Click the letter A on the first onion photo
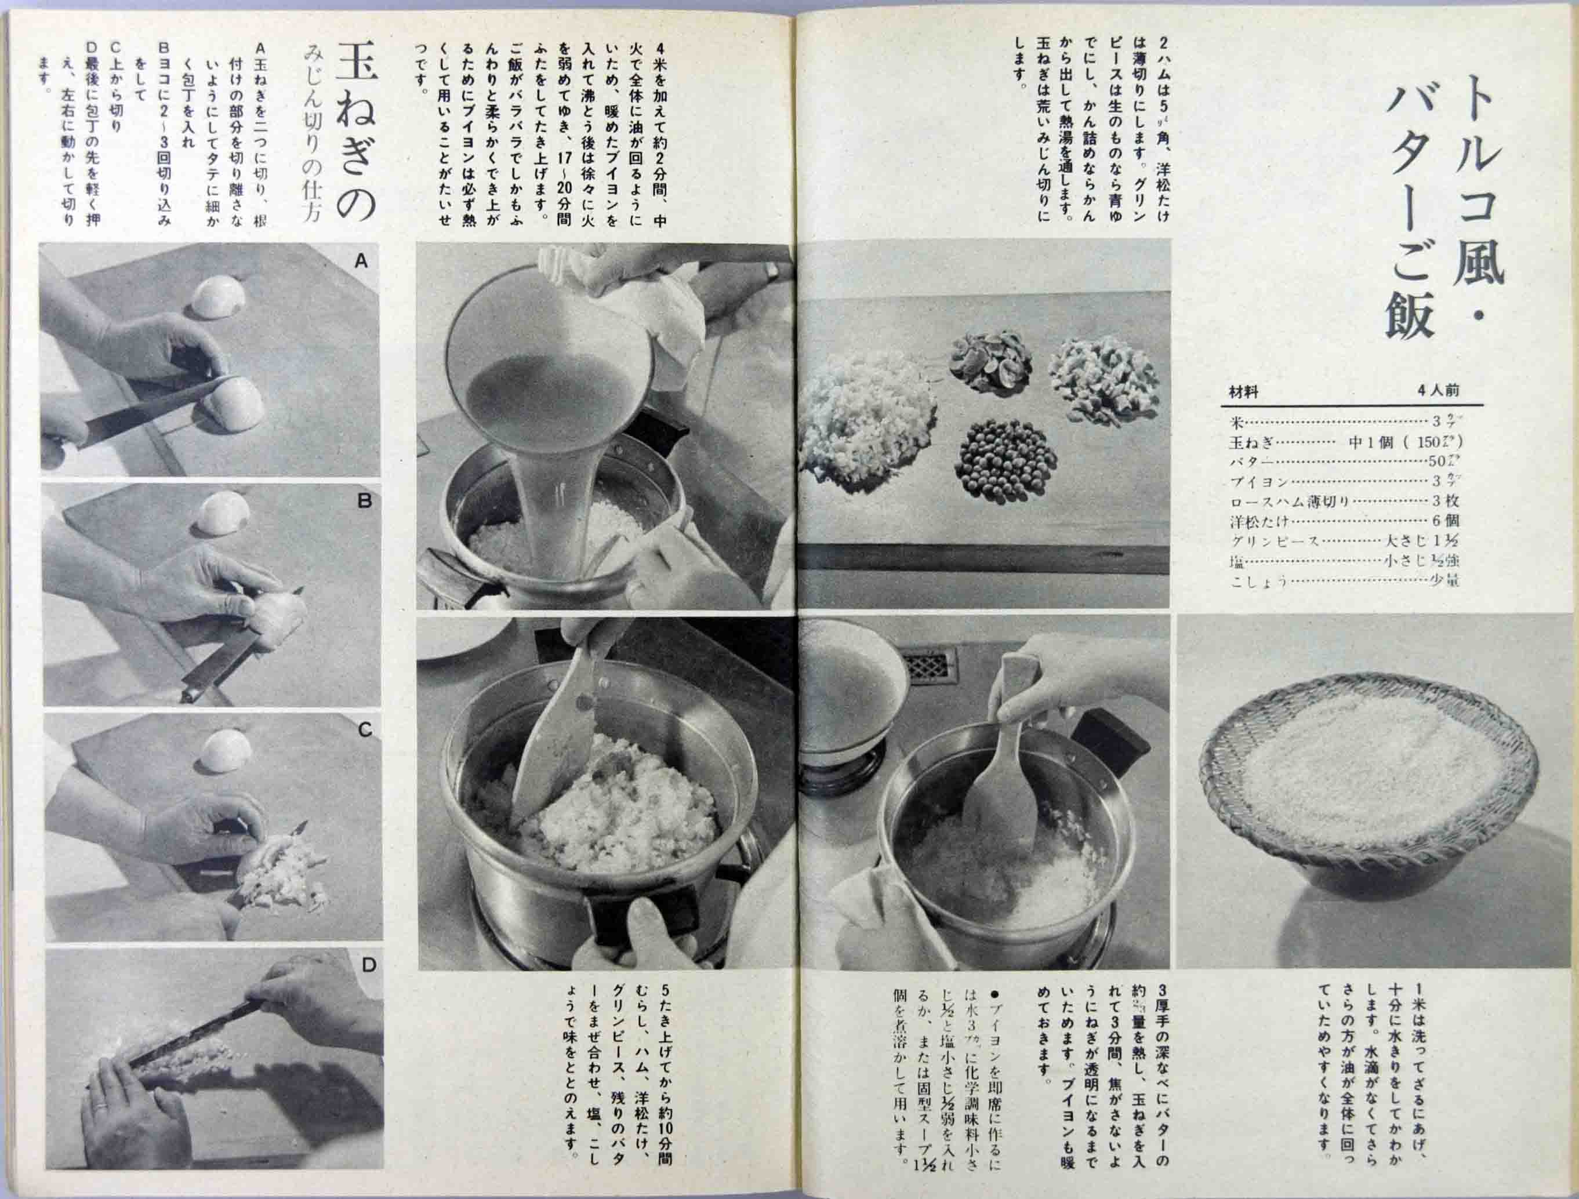[361, 262]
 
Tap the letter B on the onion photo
[364, 502]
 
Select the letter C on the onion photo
[365, 730]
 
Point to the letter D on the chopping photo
[368, 965]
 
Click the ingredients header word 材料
[1243, 391]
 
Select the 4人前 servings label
[1438, 390]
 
